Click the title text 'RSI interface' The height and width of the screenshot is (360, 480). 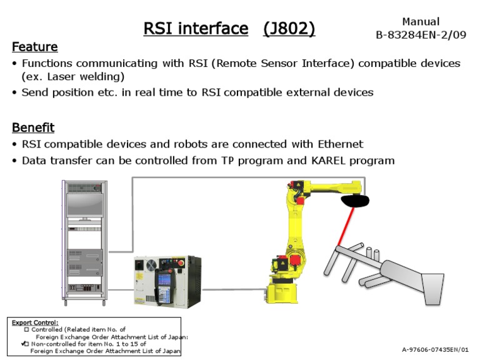[x=196, y=28]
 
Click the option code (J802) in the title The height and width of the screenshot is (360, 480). [x=289, y=28]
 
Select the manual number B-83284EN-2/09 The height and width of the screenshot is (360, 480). [x=421, y=35]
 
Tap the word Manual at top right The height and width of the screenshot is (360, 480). [x=421, y=22]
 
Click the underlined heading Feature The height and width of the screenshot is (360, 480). [x=35, y=47]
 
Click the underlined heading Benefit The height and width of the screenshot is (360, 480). [x=33, y=127]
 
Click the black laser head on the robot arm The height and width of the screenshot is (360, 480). [x=355, y=201]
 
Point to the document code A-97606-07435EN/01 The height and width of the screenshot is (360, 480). [x=435, y=349]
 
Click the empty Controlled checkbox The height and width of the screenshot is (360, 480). [x=26, y=329]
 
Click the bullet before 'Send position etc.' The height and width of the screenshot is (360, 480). [x=15, y=92]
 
